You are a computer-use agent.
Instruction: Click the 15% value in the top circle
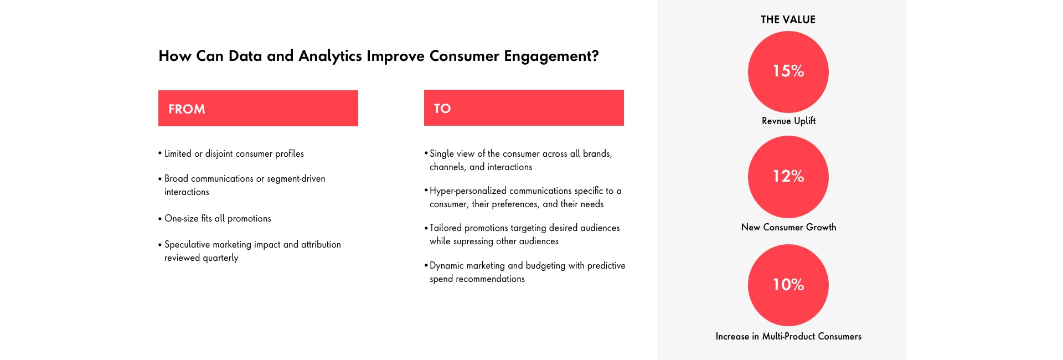(x=788, y=71)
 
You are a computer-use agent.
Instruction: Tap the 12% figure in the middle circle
(x=788, y=176)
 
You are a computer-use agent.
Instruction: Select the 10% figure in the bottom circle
(x=788, y=285)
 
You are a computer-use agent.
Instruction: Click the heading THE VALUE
(x=788, y=19)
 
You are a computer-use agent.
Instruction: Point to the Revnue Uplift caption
(x=788, y=121)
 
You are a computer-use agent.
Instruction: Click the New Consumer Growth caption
(x=788, y=227)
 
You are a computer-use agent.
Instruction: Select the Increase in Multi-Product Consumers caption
(x=788, y=336)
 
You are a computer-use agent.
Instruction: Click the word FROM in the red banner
(x=187, y=109)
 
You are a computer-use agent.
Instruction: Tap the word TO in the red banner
(x=442, y=109)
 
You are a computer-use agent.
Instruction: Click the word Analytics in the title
(x=330, y=56)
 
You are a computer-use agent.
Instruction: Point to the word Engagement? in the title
(x=551, y=56)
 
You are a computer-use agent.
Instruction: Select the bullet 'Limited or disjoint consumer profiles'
(x=231, y=153)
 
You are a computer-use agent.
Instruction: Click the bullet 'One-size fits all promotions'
(x=215, y=218)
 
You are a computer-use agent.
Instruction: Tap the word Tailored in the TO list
(x=446, y=228)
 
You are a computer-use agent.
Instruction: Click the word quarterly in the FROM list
(x=220, y=258)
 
